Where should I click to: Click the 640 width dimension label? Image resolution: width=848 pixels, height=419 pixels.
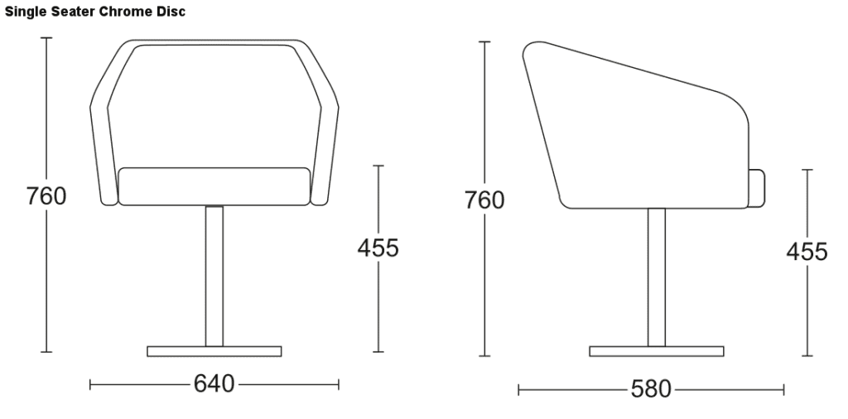214,383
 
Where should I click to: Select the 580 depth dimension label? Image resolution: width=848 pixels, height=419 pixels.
651,388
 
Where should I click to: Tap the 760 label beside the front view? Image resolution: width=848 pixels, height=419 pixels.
46,197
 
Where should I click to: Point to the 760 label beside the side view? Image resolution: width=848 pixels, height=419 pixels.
484,200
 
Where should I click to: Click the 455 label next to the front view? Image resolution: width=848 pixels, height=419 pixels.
378,248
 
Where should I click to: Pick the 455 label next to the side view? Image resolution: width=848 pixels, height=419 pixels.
807,252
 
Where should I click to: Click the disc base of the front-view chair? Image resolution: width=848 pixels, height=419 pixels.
214,351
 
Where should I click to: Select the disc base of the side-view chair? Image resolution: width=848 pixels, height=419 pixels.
657,351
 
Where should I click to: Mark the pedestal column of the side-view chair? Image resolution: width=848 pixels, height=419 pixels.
657,277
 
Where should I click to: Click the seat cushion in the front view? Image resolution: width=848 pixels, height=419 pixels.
214,186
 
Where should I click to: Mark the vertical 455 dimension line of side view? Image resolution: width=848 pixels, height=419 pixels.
807,315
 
